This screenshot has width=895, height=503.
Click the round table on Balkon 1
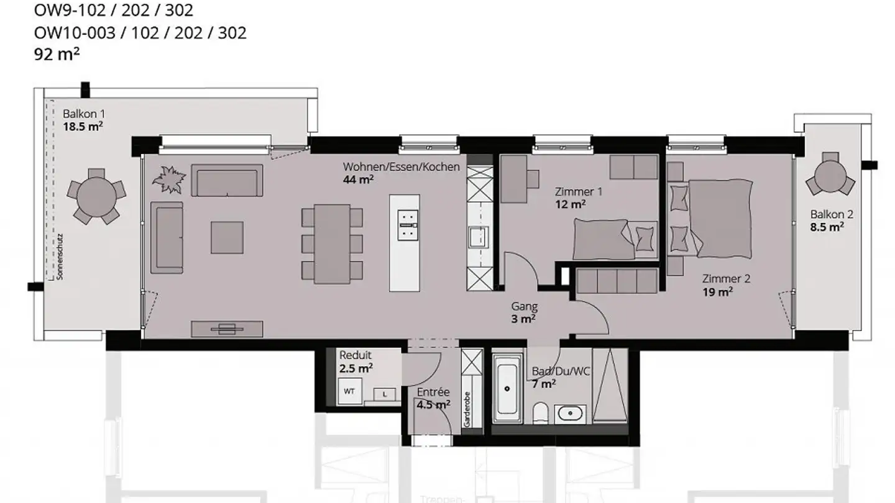(x=96, y=195)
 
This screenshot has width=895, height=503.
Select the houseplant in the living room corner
(x=169, y=179)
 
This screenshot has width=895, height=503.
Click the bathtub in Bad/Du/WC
(x=507, y=388)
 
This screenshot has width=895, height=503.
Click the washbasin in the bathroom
(x=568, y=412)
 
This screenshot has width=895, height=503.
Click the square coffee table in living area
(x=227, y=238)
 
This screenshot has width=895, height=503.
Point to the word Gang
(x=524, y=306)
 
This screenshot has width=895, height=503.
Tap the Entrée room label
(x=433, y=392)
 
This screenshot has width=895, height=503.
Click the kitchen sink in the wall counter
(x=479, y=237)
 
